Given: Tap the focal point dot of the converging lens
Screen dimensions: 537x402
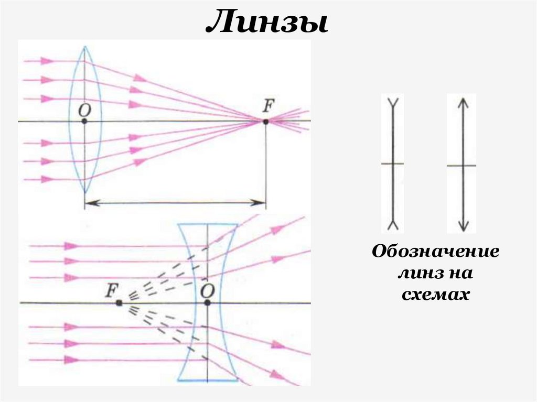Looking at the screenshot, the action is pyautogui.click(x=265, y=122).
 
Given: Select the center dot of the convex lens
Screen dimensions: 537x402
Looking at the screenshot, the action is pyautogui.click(x=84, y=121).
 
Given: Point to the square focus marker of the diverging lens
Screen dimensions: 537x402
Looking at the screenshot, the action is pyautogui.click(x=120, y=303).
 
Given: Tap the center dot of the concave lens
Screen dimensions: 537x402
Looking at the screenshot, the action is pyautogui.click(x=208, y=303).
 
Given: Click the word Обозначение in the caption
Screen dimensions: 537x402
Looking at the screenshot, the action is pyautogui.click(x=435, y=252).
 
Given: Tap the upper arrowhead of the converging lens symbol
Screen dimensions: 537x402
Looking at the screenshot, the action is pyautogui.click(x=461, y=102).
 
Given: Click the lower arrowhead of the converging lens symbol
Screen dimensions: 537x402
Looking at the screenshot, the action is pyautogui.click(x=461, y=227).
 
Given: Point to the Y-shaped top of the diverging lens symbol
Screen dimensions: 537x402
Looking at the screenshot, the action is pyautogui.click(x=392, y=101).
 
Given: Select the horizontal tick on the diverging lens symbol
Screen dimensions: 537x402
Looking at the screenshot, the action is pyautogui.click(x=392, y=164).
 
